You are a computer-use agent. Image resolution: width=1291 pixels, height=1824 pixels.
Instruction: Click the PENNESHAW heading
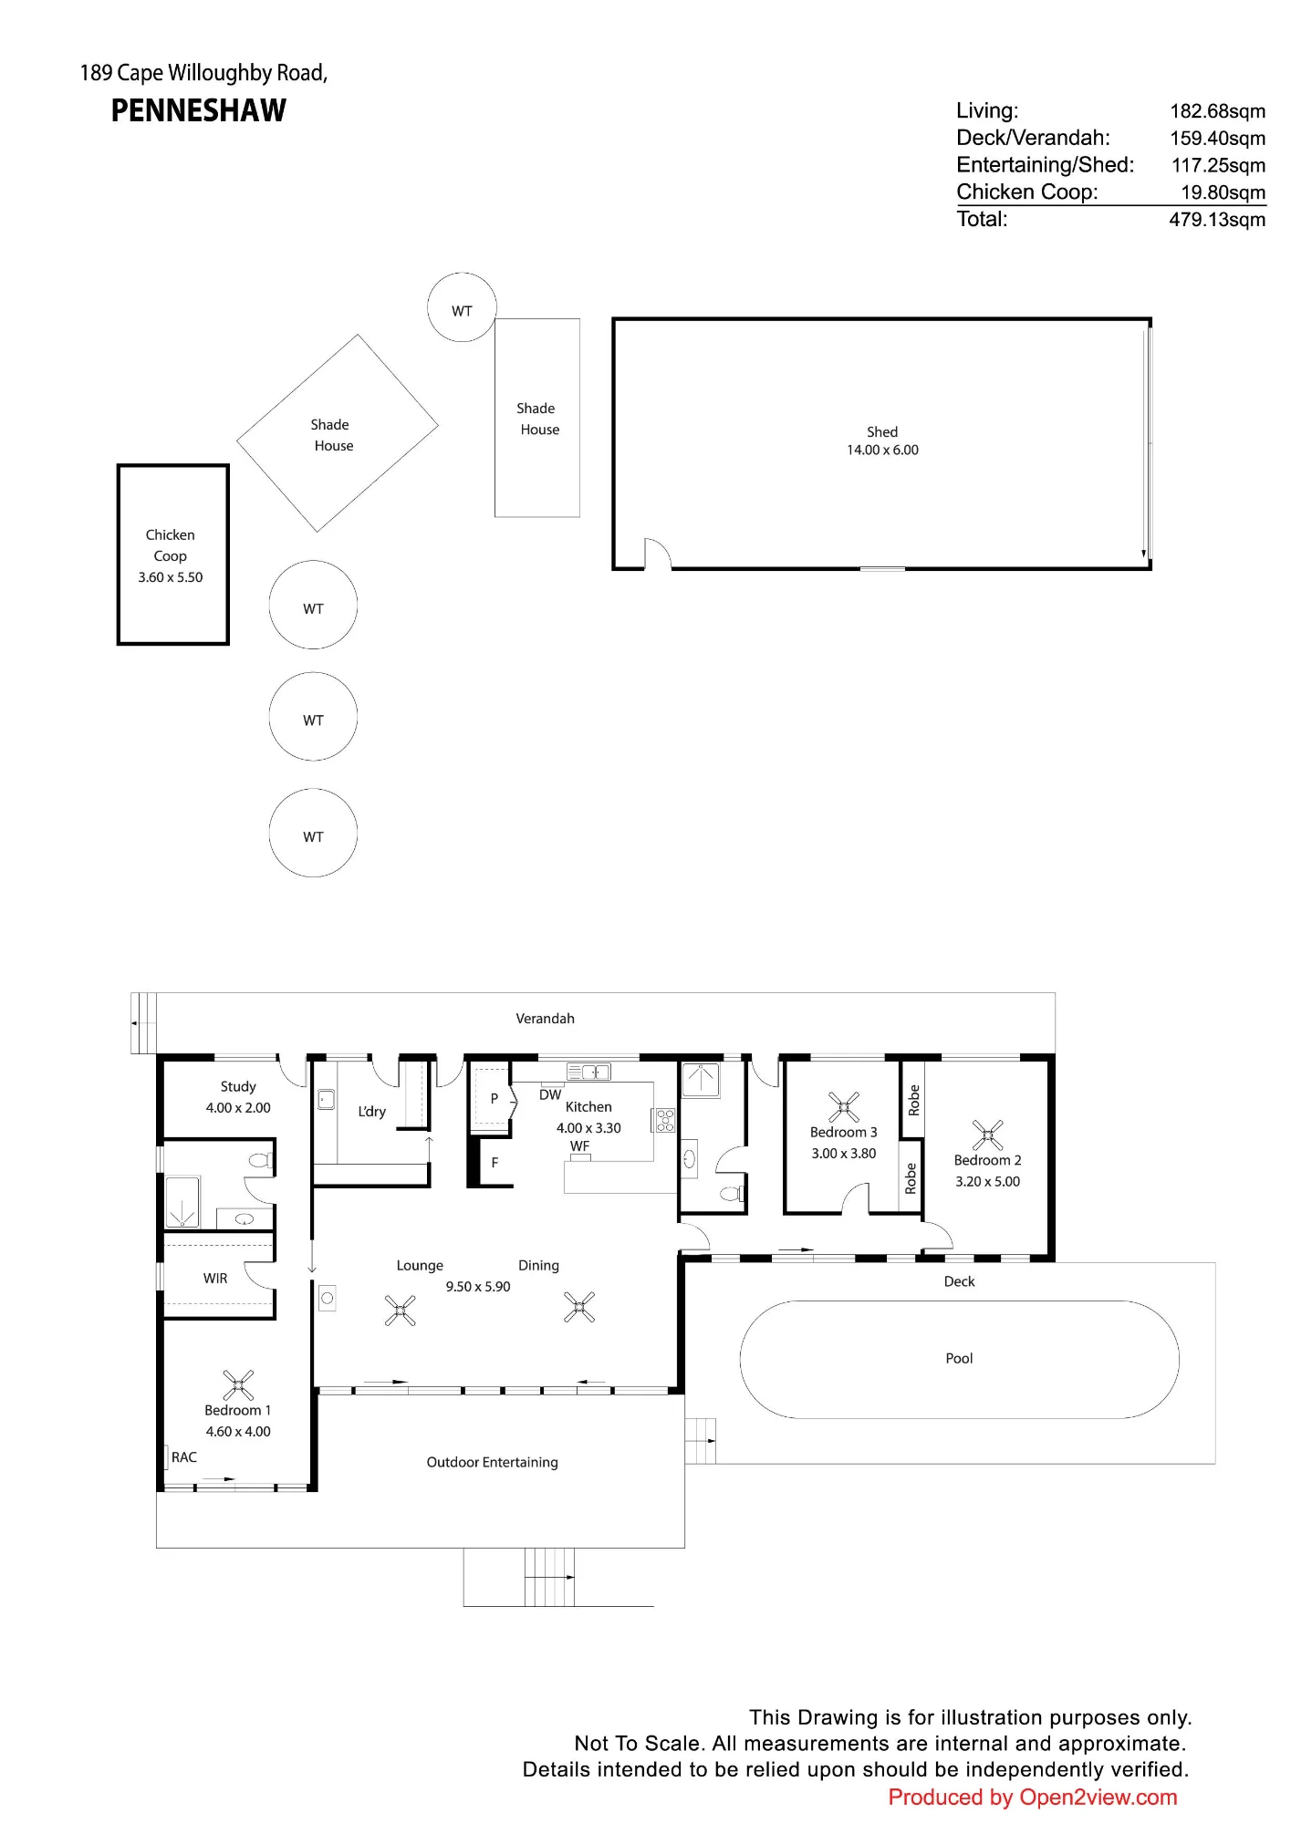(x=198, y=111)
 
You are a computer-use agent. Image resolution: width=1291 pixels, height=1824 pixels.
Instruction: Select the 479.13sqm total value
(x=1217, y=220)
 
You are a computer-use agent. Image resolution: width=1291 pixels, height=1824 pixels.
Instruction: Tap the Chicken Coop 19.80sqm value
(x=1223, y=192)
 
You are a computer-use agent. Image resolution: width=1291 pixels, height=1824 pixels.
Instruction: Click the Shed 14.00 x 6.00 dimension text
(x=882, y=450)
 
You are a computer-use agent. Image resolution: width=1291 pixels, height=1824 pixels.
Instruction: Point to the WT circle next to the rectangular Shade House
(x=463, y=307)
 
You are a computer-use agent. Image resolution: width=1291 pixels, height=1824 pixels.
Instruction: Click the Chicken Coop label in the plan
(x=171, y=545)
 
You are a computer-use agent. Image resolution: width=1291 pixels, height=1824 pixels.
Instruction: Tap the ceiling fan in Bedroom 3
(x=844, y=1106)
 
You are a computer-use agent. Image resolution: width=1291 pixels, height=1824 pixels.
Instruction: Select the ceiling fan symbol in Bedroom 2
(x=987, y=1135)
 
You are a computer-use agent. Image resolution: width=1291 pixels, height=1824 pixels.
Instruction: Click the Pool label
(x=959, y=1358)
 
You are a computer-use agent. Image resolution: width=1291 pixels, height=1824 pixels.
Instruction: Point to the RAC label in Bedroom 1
(x=184, y=1457)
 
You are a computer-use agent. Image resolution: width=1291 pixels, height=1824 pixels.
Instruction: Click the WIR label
(x=215, y=1279)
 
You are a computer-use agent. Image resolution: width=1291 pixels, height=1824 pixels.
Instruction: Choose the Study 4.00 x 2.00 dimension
(x=238, y=1108)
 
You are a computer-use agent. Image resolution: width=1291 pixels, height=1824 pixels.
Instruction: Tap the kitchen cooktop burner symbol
(x=665, y=1120)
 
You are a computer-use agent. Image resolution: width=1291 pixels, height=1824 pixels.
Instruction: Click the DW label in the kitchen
(x=550, y=1095)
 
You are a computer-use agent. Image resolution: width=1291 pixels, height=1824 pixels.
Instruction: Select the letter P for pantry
(x=495, y=1099)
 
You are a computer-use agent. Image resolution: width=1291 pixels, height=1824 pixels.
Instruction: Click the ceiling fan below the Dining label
(x=579, y=1307)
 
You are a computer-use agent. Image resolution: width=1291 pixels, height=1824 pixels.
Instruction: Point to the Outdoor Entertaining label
(x=493, y=1462)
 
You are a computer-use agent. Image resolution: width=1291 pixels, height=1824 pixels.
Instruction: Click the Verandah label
(x=546, y=1019)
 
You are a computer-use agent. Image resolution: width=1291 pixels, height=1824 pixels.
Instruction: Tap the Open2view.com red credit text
(x=1033, y=1798)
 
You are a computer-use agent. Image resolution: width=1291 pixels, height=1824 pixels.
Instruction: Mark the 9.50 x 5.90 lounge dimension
(x=478, y=1287)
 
